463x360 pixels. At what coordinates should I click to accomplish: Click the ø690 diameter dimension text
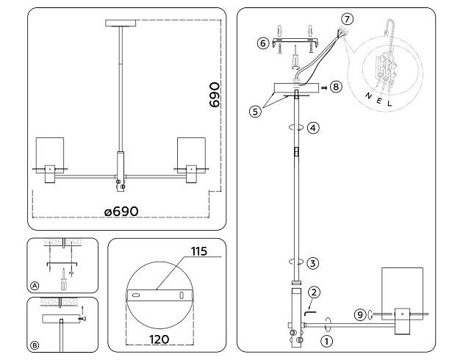point(121,211)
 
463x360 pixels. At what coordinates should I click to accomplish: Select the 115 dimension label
point(199,251)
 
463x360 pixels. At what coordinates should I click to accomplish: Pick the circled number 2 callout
point(314,293)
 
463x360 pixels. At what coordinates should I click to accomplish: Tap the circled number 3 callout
point(313,262)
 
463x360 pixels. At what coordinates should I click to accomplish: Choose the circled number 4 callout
point(313,128)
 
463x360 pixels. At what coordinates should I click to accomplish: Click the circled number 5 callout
point(255,112)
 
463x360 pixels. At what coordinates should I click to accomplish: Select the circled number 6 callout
point(262,43)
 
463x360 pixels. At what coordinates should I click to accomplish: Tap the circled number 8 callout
point(336,87)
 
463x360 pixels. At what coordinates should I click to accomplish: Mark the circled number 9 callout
point(359,315)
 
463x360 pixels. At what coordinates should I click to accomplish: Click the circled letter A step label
point(35,284)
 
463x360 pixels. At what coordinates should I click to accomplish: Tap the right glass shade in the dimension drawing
point(190,152)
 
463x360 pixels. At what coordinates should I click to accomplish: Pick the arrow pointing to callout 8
point(323,87)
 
